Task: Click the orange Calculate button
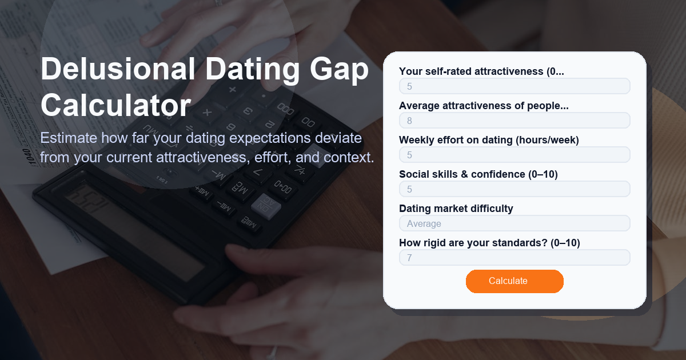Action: click(514, 281)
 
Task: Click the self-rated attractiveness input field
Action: click(514, 86)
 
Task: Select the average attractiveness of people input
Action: click(514, 121)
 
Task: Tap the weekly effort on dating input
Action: click(514, 155)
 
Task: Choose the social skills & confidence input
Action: click(514, 189)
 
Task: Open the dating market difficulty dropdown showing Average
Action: click(514, 223)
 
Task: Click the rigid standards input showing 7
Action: click(514, 258)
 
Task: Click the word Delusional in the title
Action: click(117, 70)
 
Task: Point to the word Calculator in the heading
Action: click(115, 106)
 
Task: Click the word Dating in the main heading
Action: click(252, 70)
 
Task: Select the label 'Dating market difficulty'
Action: click(456, 209)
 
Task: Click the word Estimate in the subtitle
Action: click(68, 138)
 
